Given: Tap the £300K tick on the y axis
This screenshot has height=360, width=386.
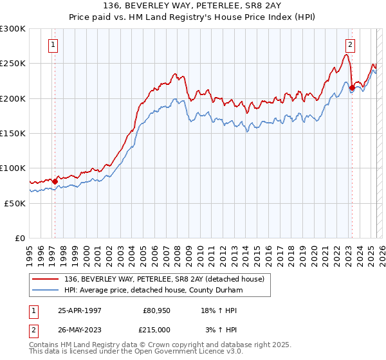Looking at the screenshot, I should click(13, 29).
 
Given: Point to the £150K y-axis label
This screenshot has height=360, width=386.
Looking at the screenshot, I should click(13, 133).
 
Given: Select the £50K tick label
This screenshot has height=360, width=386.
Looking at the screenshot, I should click(15, 203).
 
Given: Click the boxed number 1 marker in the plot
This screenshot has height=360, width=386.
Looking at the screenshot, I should click(52, 45).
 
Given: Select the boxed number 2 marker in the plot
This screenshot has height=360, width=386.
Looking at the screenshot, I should click(351, 45).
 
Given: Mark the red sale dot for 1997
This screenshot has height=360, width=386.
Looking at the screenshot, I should click(55, 181).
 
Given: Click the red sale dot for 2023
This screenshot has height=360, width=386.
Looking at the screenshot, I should click(352, 88).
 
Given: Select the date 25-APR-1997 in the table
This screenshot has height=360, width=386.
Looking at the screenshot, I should click(80, 310).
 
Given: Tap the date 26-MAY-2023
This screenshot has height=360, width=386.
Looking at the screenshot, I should click(80, 329).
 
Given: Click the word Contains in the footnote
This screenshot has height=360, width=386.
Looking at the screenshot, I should click(46, 346).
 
